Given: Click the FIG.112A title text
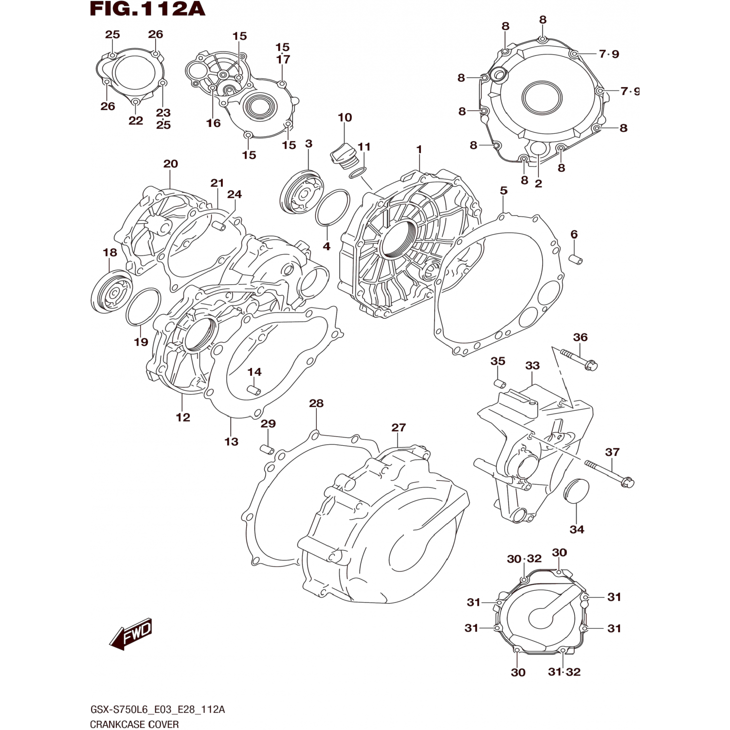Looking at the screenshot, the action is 147,9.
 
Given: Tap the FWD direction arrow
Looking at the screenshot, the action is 131,634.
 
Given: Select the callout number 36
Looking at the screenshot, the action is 580,337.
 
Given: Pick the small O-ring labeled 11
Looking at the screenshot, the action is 359,172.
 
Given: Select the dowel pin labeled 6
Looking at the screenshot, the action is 576,259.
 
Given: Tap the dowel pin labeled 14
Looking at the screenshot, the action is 254,390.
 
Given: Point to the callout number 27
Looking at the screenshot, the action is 399,427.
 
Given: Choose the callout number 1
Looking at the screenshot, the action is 419,149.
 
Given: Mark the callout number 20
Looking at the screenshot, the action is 170,164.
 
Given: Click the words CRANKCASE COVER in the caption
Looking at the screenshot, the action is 134,724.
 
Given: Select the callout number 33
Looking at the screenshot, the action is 532,365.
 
